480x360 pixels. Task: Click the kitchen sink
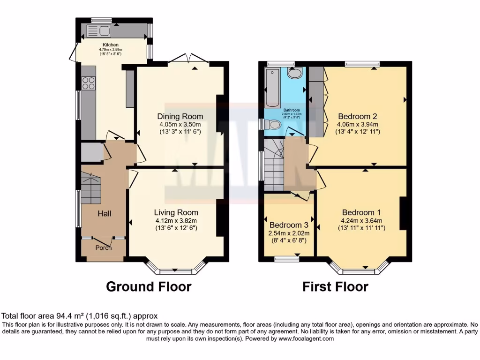(98, 31)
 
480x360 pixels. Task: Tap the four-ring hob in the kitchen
(89, 83)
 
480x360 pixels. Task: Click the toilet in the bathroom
(272, 124)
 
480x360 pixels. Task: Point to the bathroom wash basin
(295, 73)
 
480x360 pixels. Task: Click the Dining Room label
(180, 116)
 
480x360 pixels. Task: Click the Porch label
(104, 247)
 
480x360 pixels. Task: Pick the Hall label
(104, 213)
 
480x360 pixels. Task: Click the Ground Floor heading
(149, 286)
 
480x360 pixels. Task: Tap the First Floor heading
(335, 286)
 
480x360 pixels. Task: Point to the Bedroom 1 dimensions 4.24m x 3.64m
(361, 221)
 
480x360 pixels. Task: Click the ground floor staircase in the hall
(91, 188)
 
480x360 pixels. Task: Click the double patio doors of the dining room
(188, 60)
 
